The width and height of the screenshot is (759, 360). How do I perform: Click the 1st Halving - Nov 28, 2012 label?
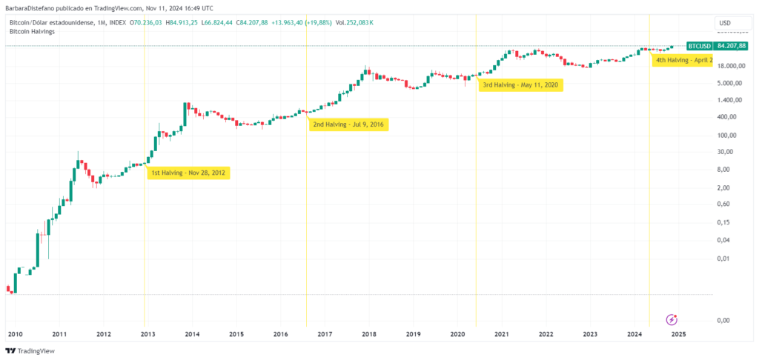(189, 173)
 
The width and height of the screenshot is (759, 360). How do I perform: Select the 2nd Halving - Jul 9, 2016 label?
(348, 124)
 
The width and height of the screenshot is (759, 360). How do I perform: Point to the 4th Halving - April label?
(683, 59)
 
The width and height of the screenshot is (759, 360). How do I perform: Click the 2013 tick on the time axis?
(148, 334)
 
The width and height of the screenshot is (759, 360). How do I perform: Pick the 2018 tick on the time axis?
(368, 334)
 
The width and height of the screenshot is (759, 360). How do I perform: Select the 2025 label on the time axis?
(678, 334)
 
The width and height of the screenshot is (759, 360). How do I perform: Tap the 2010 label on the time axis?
(15, 334)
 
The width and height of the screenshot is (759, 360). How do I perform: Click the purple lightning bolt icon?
(672, 319)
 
